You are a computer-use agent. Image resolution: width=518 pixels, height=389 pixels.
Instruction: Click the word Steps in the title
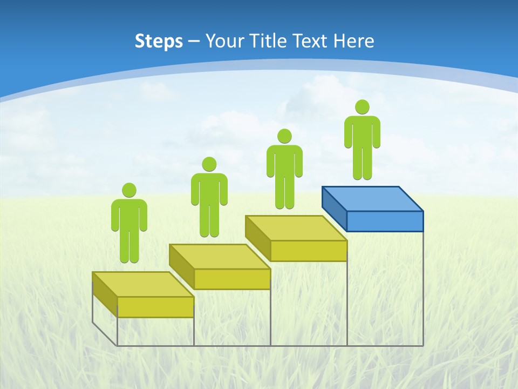click(x=159, y=41)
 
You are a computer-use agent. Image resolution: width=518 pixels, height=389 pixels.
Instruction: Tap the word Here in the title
click(x=354, y=41)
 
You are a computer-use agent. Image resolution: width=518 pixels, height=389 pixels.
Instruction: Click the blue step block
click(x=372, y=208)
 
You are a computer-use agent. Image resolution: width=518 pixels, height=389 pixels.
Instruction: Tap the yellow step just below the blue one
click(x=296, y=237)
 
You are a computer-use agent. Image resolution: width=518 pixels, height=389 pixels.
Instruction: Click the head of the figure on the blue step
click(x=362, y=107)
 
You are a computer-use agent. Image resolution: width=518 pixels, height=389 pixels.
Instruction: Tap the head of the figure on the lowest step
click(x=129, y=190)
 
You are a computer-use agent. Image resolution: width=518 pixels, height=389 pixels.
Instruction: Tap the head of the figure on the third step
click(x=284, y=136)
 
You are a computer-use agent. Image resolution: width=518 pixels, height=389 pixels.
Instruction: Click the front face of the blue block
click(x=385, y=221)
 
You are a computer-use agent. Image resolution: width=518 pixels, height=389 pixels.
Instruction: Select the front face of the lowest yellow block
click(x=155, y=307)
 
